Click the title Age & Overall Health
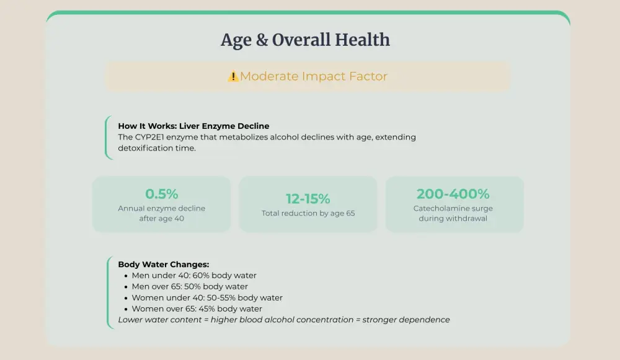pos(306,40)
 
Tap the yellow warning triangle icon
pos(233,77)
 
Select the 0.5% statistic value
pos(161,194)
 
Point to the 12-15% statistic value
pos(308,199)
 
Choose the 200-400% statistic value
pos(453,194)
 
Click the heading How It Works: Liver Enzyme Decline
pos(193,126)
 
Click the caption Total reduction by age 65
pos(308,214)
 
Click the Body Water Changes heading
pos(163,265)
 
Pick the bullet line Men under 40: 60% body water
pos(194,276)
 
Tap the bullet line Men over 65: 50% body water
pos(190,287)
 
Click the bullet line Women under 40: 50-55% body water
pos(207,298)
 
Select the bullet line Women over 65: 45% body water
pos(197,309)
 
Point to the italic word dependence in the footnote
pos(426,320)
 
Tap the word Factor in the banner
pos(368,77)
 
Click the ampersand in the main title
pos(262,40)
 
